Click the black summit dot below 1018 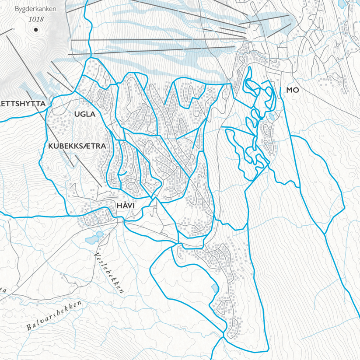[35, 30]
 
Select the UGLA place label [85, 114]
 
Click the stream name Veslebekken [109, 273]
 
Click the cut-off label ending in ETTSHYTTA [23, 104]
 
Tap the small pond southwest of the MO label [272, 117]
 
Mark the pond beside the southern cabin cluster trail [214, 288]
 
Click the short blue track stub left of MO [280, 91]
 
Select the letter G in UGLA [82, 114]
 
